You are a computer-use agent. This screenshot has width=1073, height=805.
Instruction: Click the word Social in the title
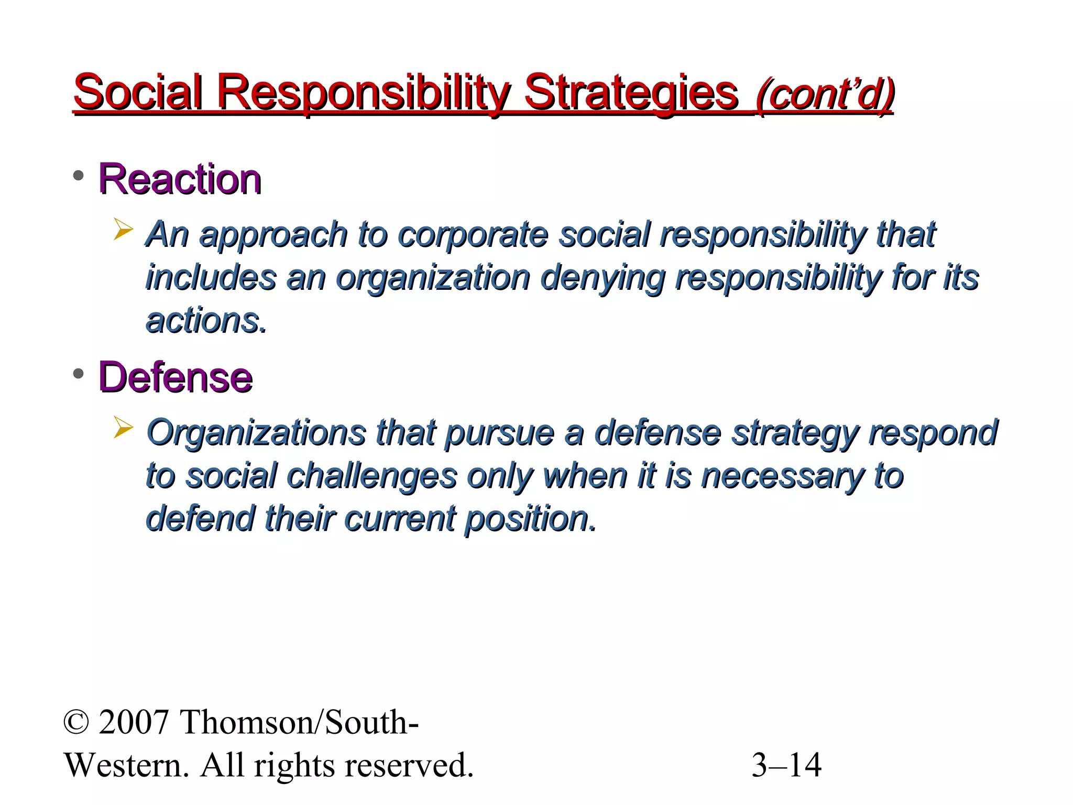click(x=138, y=92)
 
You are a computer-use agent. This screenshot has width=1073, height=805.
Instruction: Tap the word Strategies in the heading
click(x=631, y=92)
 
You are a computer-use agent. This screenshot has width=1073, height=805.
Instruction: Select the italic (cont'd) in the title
click(x=824, y=94)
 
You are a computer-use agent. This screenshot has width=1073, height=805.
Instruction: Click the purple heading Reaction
click(x=180, y=179)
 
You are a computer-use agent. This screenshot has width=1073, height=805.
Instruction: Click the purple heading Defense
click(x=176, y=377)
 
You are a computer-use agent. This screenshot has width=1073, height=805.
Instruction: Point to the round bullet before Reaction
click(x=79, y=176)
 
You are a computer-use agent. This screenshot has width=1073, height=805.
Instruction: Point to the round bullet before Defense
click(x=79, y=374)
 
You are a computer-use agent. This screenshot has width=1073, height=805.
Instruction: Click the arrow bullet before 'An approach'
click(x=123, y=230)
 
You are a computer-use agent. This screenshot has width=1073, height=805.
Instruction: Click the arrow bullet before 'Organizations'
click(x=123, y=428)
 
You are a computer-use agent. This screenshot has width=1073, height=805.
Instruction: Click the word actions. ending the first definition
click(x=206, y=321)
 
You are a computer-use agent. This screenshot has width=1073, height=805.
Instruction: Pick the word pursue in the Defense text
click(x=499, y=433)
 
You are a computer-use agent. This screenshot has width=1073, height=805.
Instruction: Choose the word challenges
click(x=372, y=476)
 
